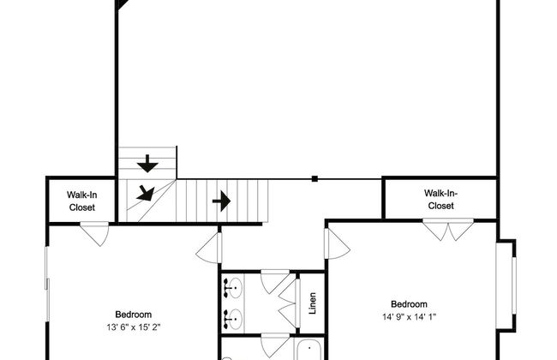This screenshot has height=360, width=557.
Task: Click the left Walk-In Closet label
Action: (x=81, y=201)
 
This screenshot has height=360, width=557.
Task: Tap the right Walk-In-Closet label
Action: (x=440, y=200)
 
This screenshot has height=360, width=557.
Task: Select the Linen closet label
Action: (x=312, y=303)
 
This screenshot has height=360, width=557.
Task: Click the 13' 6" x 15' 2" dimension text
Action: (x=134, y=327)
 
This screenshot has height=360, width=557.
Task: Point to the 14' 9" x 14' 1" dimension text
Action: (x=409, y=316)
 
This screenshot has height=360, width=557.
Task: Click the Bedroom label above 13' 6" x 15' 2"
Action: (x=134, y=315)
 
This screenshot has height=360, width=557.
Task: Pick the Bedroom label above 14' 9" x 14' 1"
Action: (x=409, y=304)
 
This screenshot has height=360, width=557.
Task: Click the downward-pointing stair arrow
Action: (x=147, y=164)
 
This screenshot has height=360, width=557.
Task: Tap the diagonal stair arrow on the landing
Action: (x=146, y=193)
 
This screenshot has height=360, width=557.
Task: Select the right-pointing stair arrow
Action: (x=221, y=201)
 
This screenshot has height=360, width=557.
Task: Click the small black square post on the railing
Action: (x=314, y=179)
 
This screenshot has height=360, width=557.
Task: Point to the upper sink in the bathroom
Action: (x=233, y=288)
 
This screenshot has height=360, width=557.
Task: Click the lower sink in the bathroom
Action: (x=233, y=319)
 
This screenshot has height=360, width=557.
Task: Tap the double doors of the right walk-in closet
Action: (x=448, y=230)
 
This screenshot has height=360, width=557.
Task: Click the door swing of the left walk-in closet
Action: (x=95, y=233)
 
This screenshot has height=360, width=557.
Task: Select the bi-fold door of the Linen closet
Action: (x=289, y=303)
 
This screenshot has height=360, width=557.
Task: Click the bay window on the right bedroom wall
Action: (x=506, y=285)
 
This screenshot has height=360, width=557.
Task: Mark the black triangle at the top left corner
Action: (x=122, y=3)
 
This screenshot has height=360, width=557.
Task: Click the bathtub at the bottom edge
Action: (x=309, y=350)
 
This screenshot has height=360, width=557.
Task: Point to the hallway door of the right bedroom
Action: (x=337, y=243)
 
